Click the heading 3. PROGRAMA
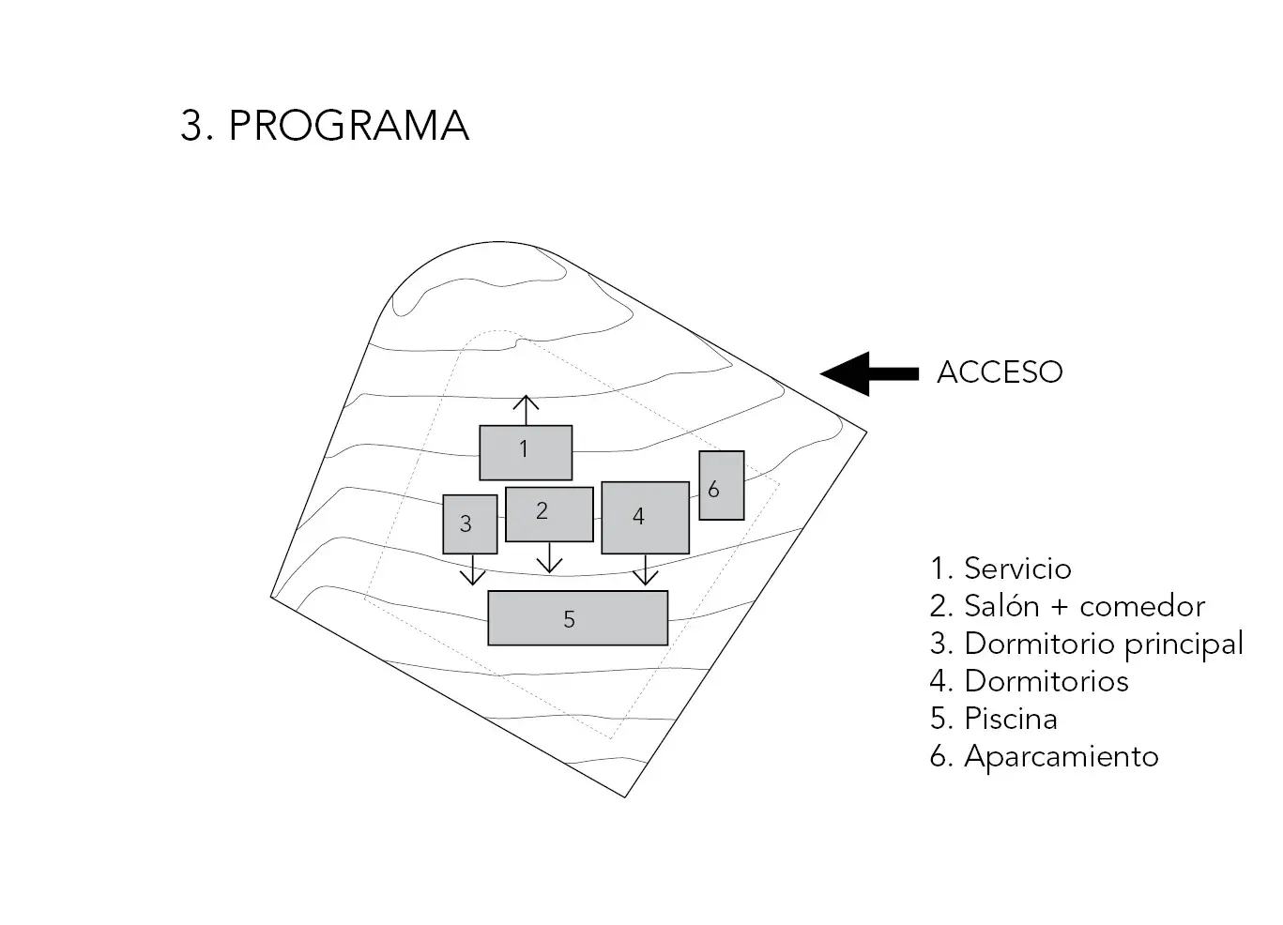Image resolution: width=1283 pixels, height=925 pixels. pyautogui.click(x=325, y=126)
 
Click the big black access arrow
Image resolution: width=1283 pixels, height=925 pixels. pyautogui.click(x=868, y=373)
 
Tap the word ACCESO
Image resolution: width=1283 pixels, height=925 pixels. pyautogui.click(x=1000, y=372)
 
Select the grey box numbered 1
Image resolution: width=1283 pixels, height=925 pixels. pyautogui.click(x=526, y=452)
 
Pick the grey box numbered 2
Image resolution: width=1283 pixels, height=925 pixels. pyautogui.click(x=549, y=513)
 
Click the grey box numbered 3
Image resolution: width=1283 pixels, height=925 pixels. pyautogui.click(x=469, y=523)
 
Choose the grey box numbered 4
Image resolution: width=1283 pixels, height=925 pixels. pyautogui.click(x=645, y=517)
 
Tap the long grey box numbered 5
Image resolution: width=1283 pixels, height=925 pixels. pyautogui.click(x=577, y=618)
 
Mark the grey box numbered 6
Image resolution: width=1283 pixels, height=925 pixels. pyautogui.click(x=721, y=485)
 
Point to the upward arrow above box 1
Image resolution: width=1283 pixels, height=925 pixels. pyautogui.click(x=526, y=410)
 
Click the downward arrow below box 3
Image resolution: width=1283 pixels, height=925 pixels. pyautogui.click(x=472, y=569)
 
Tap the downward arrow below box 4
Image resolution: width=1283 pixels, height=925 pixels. pyautogui.click(x=645, y=569)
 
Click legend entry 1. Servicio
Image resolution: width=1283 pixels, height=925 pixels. pyautogui.click(x=1000, y=569)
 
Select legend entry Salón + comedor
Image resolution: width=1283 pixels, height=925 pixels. pyautogui.click(x=1067, y=606)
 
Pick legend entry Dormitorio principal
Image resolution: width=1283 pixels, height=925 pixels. pyautogui.click(x=1086, y=644)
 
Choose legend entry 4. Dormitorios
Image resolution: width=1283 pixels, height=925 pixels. pyautogui.click(x=1029, y=681)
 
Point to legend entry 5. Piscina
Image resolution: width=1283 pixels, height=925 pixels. pyautogui.click(x=993, y=719)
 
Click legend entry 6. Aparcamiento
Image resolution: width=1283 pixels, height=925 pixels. pyautogui.click(x=1044, y=756)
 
